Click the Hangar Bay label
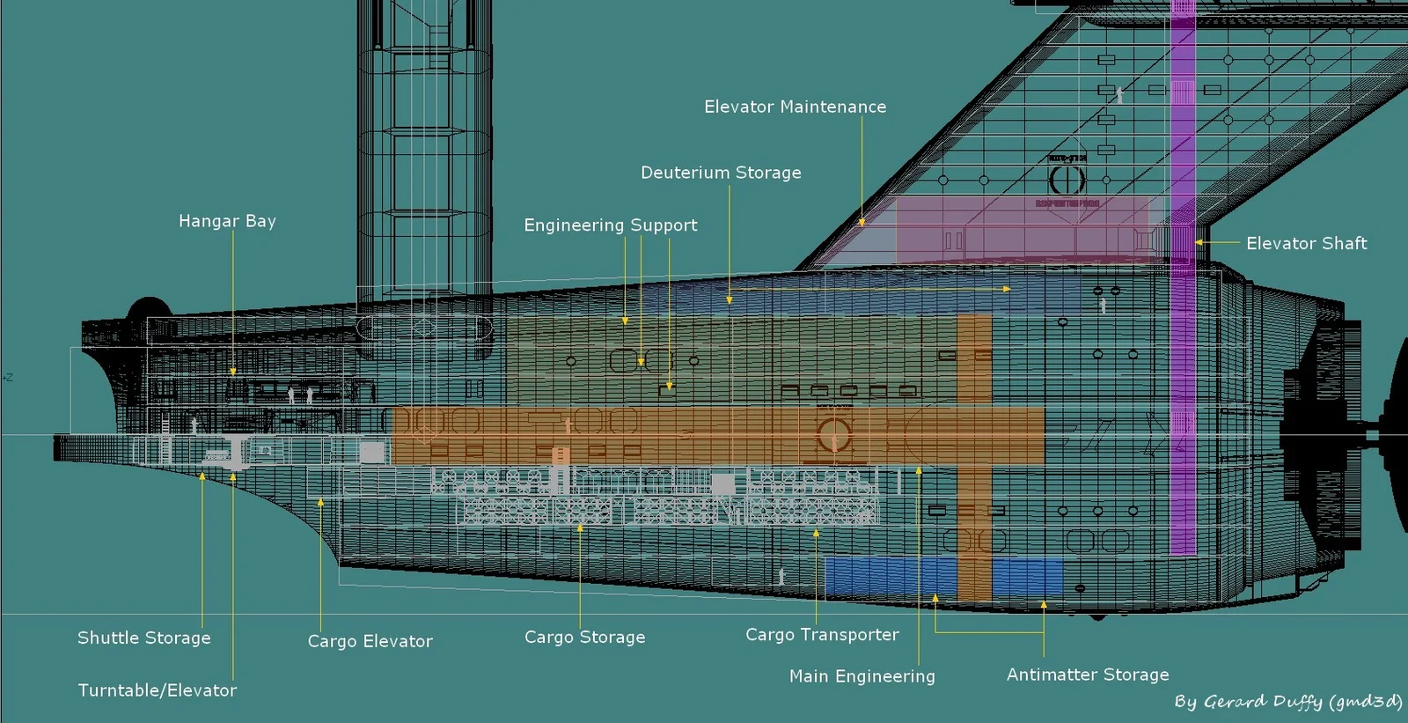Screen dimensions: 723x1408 click(x=227, y=221)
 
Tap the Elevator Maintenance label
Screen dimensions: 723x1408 click(x=795, y=107)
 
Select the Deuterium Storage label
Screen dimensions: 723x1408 click(x=721, y=173)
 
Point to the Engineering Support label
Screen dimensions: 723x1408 click(x=610, y=225)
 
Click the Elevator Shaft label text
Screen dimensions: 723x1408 click(x=1306, y=243)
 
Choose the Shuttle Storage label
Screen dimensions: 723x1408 click(x=143, y=638)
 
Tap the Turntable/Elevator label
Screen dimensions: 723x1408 click(x=157, y=690)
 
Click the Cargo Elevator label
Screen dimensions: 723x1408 click(x=370, y=641)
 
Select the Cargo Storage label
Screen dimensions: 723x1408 click(x=584, y=637)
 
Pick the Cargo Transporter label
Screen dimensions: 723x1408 click(x=822, y=634)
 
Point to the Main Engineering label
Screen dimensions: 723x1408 click(x=862, y=676)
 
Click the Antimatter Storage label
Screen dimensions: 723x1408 click(x=1088, y=675)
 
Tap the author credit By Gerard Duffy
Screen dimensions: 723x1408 click(x=1287, y=702)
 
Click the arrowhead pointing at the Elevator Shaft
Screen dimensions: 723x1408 click(x=1198, y=242)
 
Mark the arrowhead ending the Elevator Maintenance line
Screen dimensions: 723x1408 click(x=862, y=223)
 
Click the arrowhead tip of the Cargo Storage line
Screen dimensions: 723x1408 click(x=580, y=527)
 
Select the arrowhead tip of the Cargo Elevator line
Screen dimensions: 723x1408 click(x=320, y=502)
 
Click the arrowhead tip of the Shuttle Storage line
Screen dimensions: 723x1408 click(x=202, y=476)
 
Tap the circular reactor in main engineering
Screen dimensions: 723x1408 click(x=833, y=434)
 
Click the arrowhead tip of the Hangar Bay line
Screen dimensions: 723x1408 click(x=233, y=373)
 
